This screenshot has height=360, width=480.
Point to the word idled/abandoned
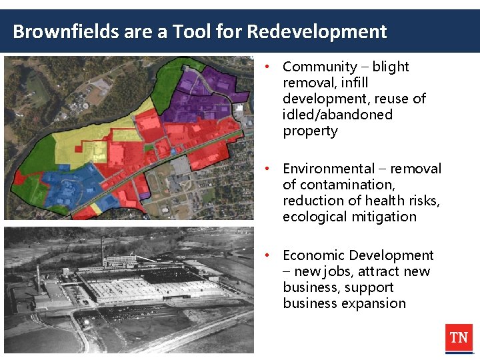pos(338,115)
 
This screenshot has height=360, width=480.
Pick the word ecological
pos(316,217)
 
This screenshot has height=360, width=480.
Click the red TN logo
pos(459,338)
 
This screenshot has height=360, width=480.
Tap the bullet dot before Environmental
pos(266,169)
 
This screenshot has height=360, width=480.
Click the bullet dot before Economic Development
pos(266,255)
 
